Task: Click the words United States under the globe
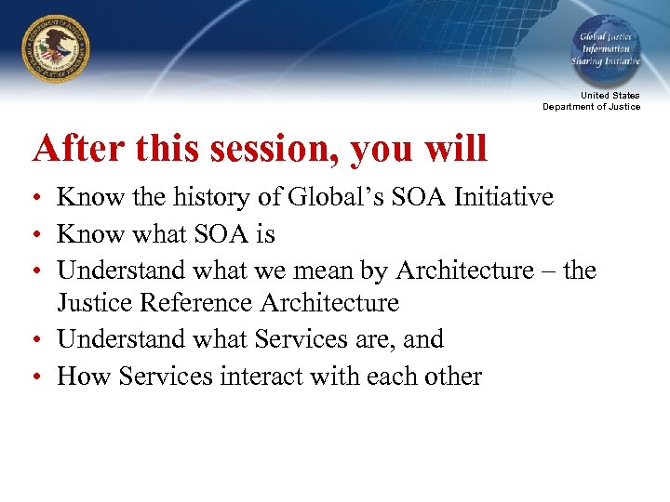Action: (610, 96)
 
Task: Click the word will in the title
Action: (456, 149)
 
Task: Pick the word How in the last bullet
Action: (78, 376)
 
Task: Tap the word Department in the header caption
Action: (568, 107)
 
